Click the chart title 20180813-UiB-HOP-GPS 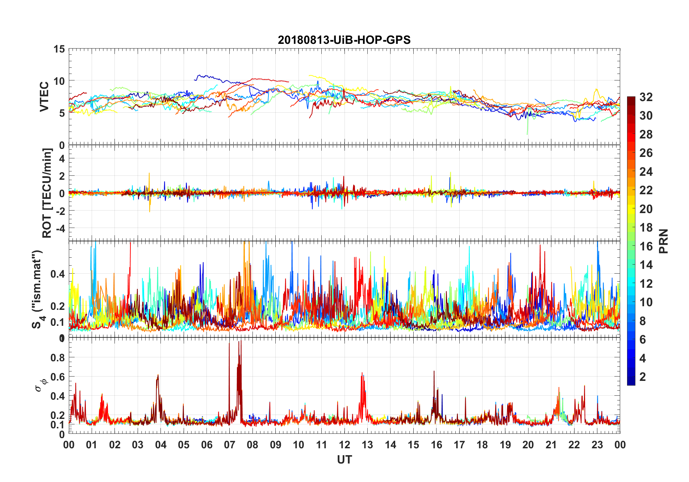344,40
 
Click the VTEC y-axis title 44,96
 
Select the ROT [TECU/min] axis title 47,193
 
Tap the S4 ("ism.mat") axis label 38,289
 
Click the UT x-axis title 344,460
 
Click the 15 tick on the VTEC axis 59,49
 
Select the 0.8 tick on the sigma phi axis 58,358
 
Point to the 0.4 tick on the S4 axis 58,274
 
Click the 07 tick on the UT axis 229,445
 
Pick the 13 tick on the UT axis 367,445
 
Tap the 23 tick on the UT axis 597,445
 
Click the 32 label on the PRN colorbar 646,97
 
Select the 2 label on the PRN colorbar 643,377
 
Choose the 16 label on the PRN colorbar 646,246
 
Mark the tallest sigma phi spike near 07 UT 229,343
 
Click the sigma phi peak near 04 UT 158,375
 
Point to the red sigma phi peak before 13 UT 362,373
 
